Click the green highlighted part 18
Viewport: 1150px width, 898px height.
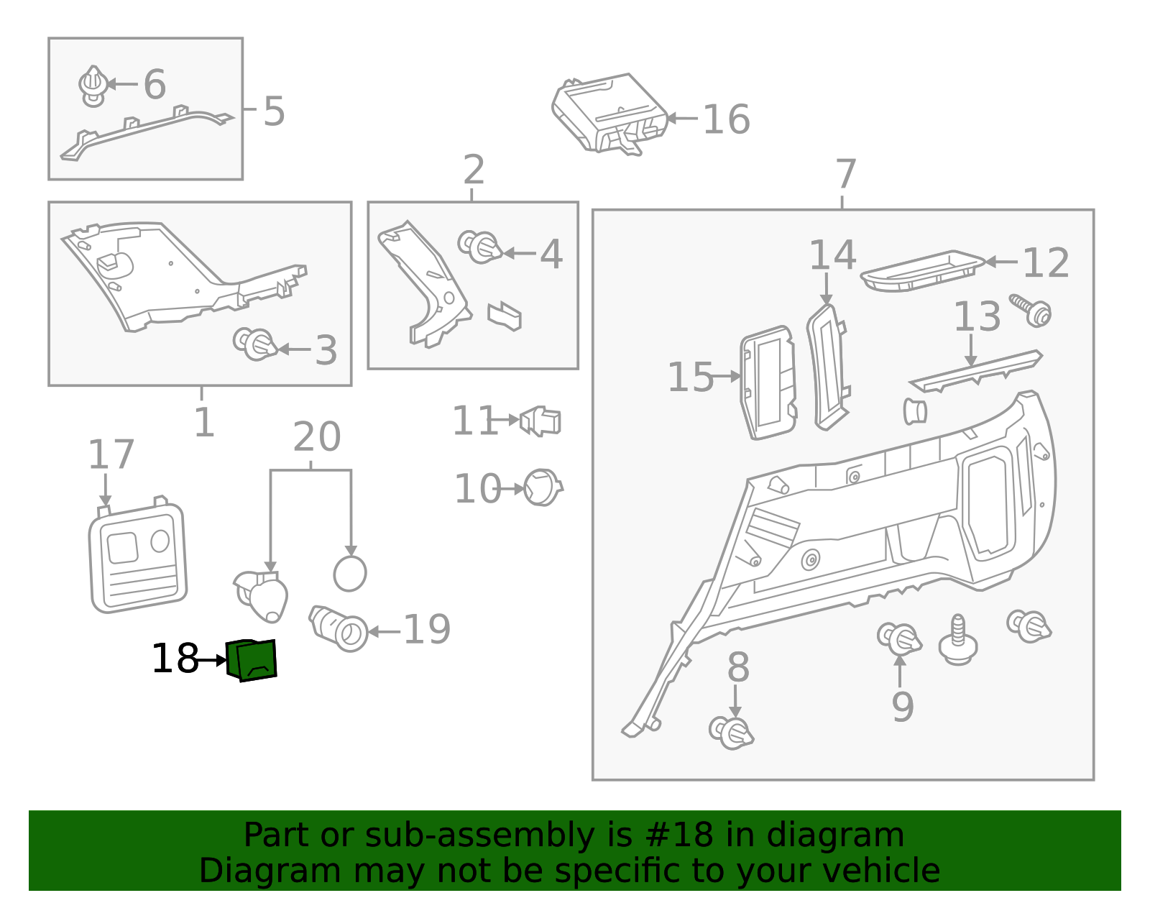pos(252,660)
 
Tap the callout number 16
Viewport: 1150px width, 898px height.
pos(726,119)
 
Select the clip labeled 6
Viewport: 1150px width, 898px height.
pos(93,86)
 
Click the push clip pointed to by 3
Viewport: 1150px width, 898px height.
pos(254,344)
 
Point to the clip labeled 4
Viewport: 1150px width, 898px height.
pos(479,247)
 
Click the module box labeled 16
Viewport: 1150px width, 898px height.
pos(609,113)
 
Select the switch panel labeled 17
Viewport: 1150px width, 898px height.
pos(138,557)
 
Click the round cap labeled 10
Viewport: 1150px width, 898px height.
pos(542,488)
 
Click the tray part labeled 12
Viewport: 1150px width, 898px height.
pos(921,271)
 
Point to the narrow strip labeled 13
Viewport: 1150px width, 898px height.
pos(975,372)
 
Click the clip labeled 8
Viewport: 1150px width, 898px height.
pos(731,732)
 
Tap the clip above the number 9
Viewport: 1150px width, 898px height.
pos(899,638)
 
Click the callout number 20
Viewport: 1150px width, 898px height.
pos(317,437)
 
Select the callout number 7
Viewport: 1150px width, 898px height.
pos(846,175)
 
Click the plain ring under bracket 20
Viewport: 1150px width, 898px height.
pos(350,574)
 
